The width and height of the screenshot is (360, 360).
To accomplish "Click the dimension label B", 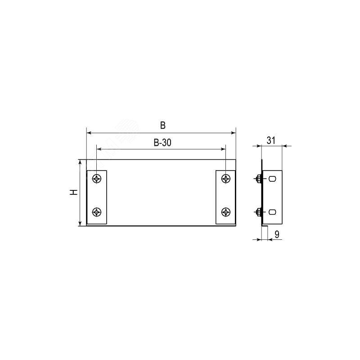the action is click(x=163, y=126).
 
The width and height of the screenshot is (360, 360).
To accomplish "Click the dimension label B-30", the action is click(x=162, y=143).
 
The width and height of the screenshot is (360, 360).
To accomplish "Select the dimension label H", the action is click(x=74, y=193).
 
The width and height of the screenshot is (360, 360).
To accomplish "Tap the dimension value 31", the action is click(x=271, y=140).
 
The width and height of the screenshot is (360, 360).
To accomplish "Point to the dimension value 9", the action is click(x=277, y=234).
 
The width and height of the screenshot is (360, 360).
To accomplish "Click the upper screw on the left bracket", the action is click(x=97, y=178).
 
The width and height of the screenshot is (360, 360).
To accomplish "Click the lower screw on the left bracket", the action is click(x=97, y=212).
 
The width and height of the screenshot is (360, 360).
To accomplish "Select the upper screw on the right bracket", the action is click(x=226, y=178).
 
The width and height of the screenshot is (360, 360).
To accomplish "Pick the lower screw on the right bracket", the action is click(x=226, y=212).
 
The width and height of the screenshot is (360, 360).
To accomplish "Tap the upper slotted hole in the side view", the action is click(x=272, y=179).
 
